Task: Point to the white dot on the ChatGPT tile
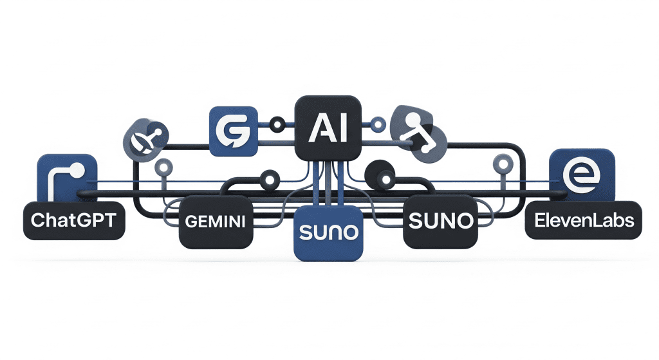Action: tap(77, 170)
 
